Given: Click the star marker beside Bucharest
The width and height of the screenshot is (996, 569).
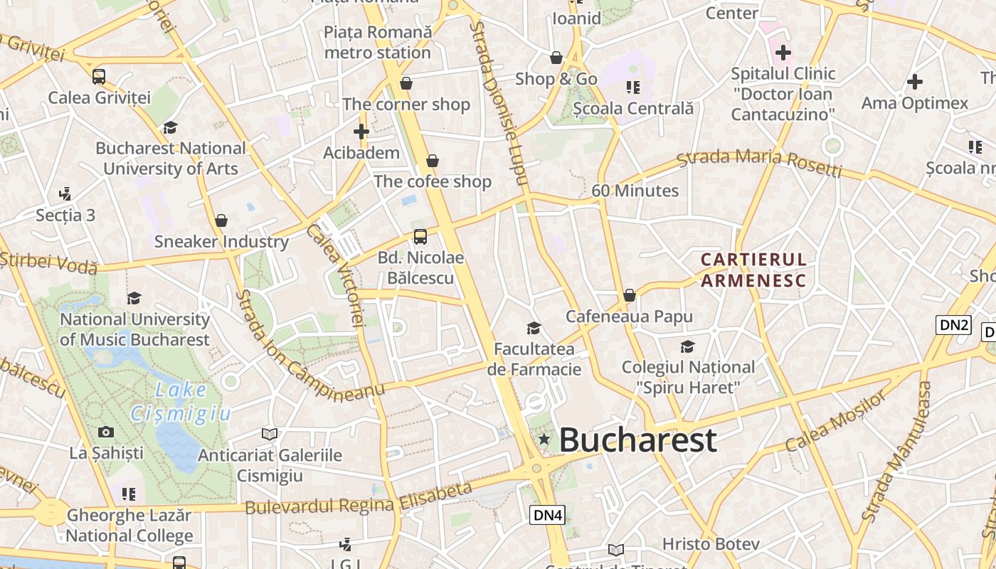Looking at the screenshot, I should tap(544, 440).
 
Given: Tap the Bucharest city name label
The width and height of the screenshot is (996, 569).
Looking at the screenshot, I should tap(637, 440).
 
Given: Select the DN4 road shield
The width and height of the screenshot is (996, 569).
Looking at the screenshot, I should tap(547, 515).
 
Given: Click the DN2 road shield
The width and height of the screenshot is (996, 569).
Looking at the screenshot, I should tap(954, 325).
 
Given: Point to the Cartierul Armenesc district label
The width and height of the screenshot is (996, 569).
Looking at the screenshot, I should tap(753, 270).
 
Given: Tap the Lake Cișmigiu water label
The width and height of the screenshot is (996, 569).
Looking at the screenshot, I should tap(181, 401).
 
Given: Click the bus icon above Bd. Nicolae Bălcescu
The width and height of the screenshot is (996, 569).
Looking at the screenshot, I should tap(420, 237).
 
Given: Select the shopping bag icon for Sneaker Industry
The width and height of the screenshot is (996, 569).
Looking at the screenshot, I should tap(221, 220).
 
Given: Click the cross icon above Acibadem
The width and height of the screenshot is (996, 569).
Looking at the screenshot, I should tap(361, 132).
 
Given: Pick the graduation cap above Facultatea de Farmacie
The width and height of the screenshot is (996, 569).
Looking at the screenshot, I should tap(534, 328).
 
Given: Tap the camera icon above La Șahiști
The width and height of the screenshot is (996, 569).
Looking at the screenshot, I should tap(106, 432).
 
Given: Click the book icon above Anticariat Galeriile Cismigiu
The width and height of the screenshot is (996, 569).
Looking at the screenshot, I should tap(269, 434).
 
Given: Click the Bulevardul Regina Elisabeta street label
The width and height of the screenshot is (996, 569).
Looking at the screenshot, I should tap(358, 499).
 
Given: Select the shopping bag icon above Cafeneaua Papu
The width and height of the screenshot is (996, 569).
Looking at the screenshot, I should tap(629, 295).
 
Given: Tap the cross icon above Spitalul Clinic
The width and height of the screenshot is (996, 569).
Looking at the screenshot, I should tap(783, 53).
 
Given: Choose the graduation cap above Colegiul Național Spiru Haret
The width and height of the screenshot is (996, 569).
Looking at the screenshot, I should tap(687, 346).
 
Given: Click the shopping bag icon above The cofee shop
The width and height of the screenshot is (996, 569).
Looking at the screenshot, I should tap(433, 161).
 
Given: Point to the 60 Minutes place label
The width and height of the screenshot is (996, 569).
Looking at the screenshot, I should tap(635, 191).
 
